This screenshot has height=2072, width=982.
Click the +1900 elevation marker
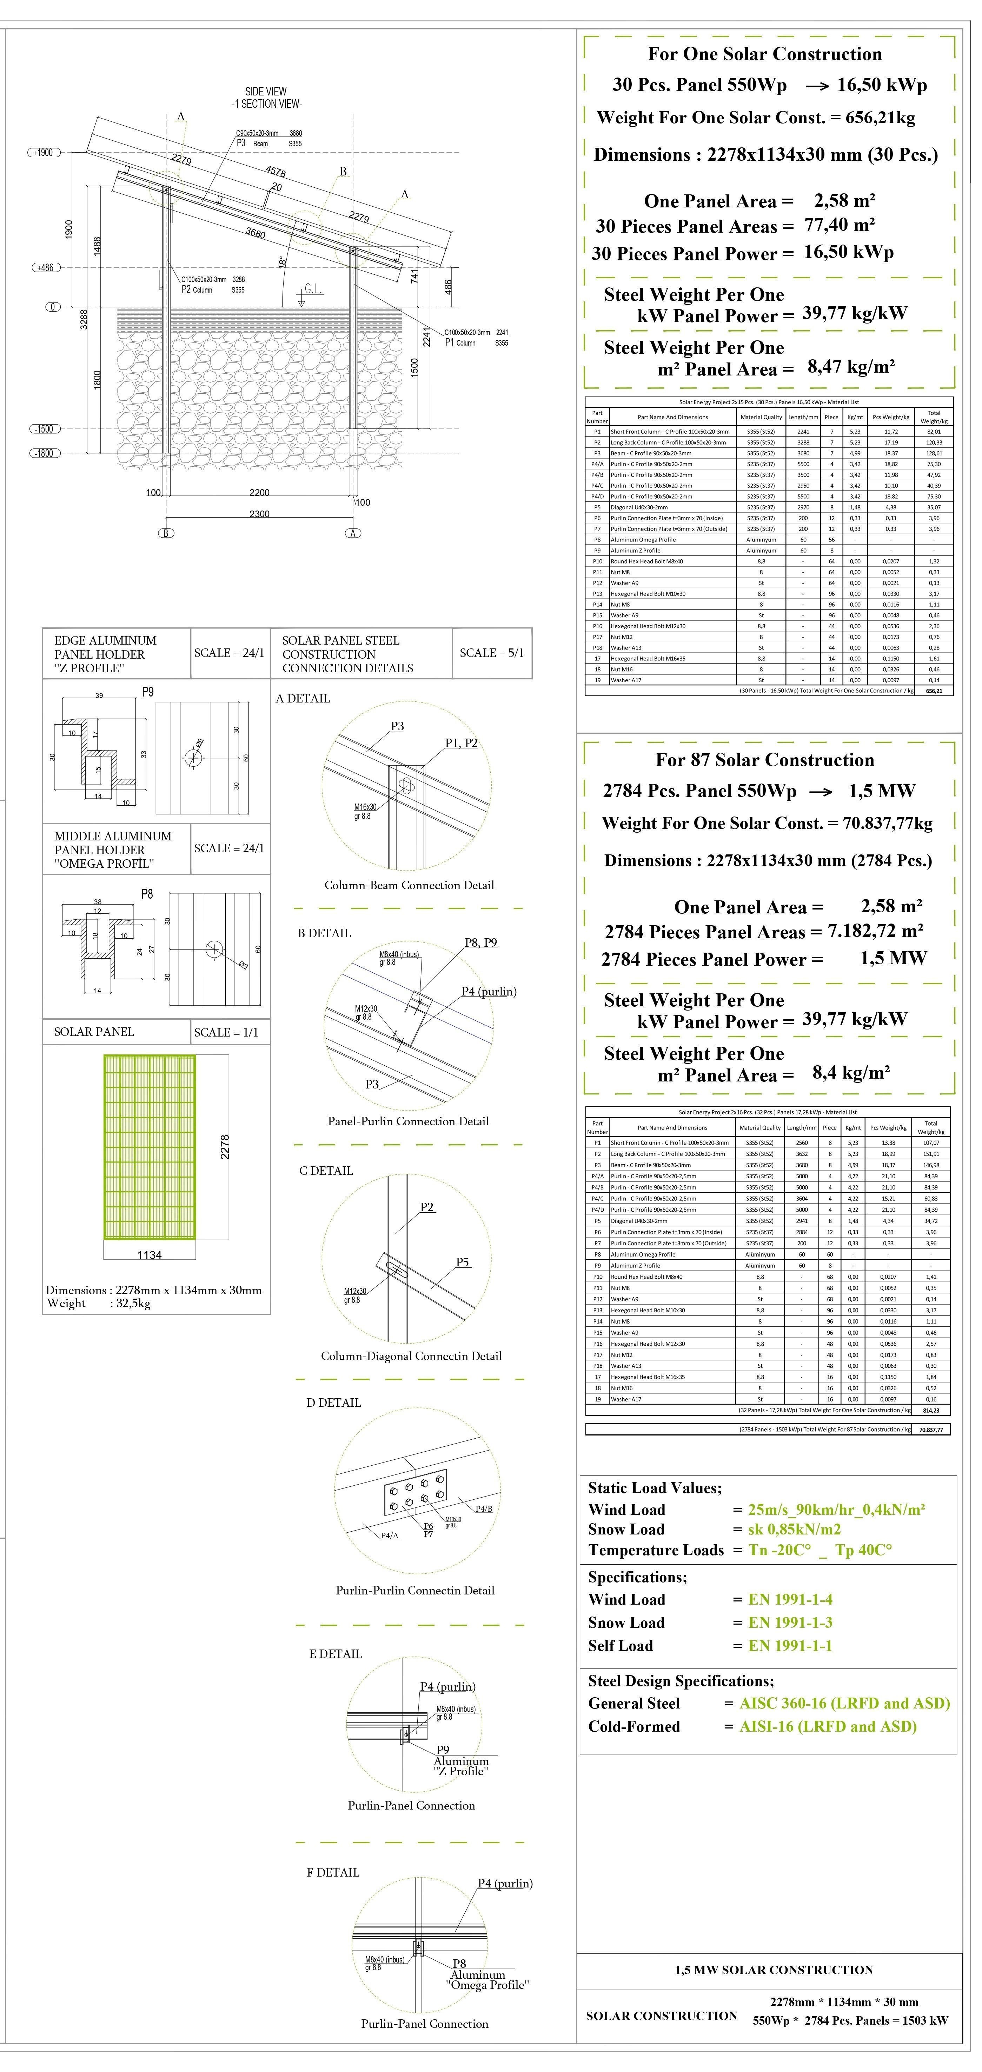(44, 152)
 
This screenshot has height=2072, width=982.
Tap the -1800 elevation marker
(44, 453)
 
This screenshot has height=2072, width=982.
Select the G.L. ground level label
(313, 289)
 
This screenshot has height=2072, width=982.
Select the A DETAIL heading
(303, 698)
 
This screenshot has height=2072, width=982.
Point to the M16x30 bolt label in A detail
(365, 807)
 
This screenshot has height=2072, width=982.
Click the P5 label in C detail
(463, 1262)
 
